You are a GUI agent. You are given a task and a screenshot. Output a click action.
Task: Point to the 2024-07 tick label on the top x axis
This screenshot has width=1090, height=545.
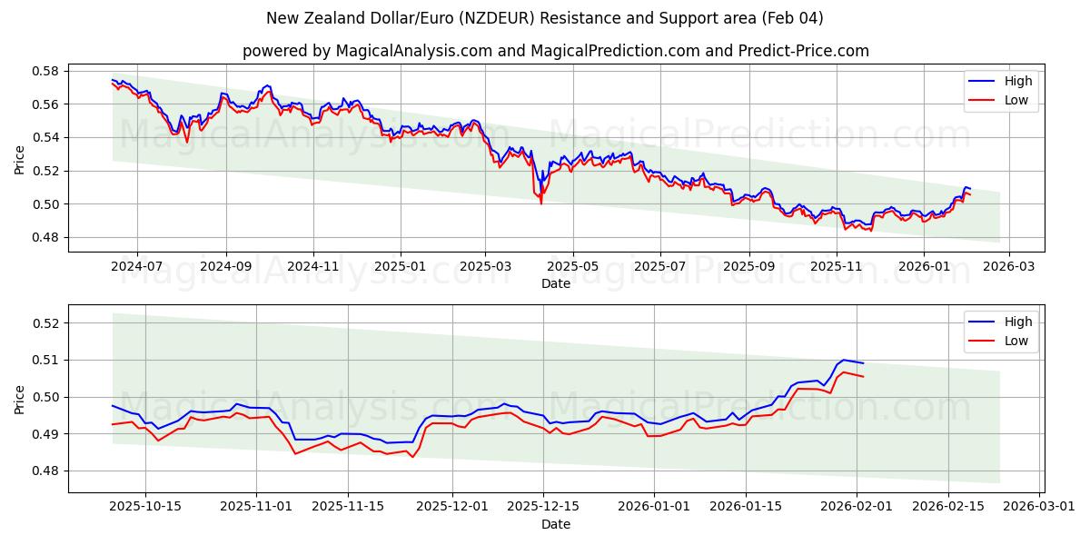tap(137, 267)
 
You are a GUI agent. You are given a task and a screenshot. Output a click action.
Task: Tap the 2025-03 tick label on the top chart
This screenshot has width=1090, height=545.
tap(485, 267)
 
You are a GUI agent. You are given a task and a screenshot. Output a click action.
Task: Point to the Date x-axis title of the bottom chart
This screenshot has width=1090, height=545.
tap(556, 524)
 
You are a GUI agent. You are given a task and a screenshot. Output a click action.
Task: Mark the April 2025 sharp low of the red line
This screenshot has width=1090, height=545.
tap(541, 203)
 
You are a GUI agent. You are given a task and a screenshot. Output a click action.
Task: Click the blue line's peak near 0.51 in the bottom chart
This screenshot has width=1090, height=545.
tap(844, 360)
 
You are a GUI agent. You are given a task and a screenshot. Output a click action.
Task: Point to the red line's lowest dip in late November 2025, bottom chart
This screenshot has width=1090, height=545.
tap(412, 457)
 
